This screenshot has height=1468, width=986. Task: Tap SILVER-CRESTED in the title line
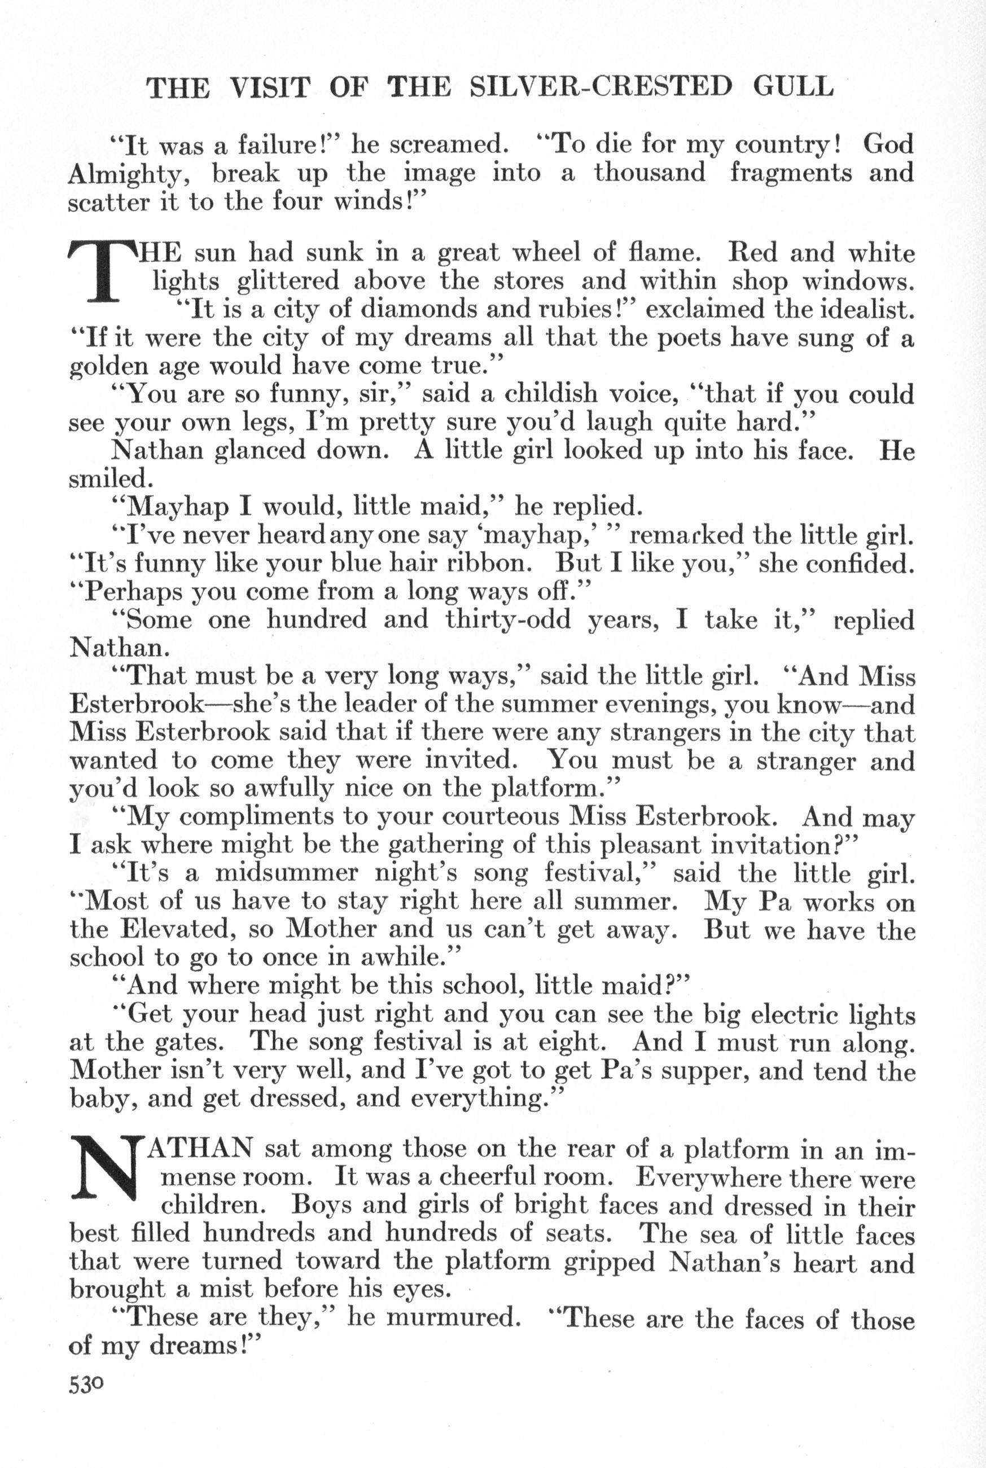602,87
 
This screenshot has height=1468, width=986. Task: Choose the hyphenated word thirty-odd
509,620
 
